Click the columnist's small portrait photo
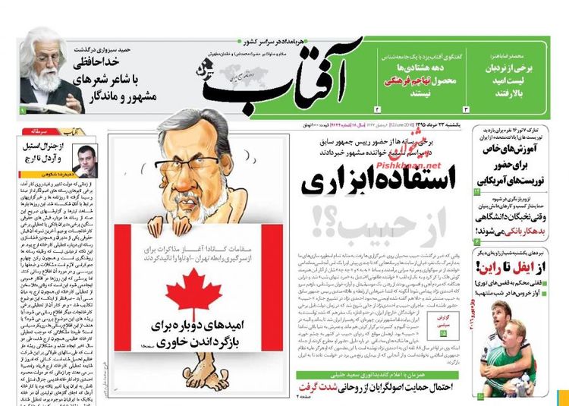click(x=84, y=159)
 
